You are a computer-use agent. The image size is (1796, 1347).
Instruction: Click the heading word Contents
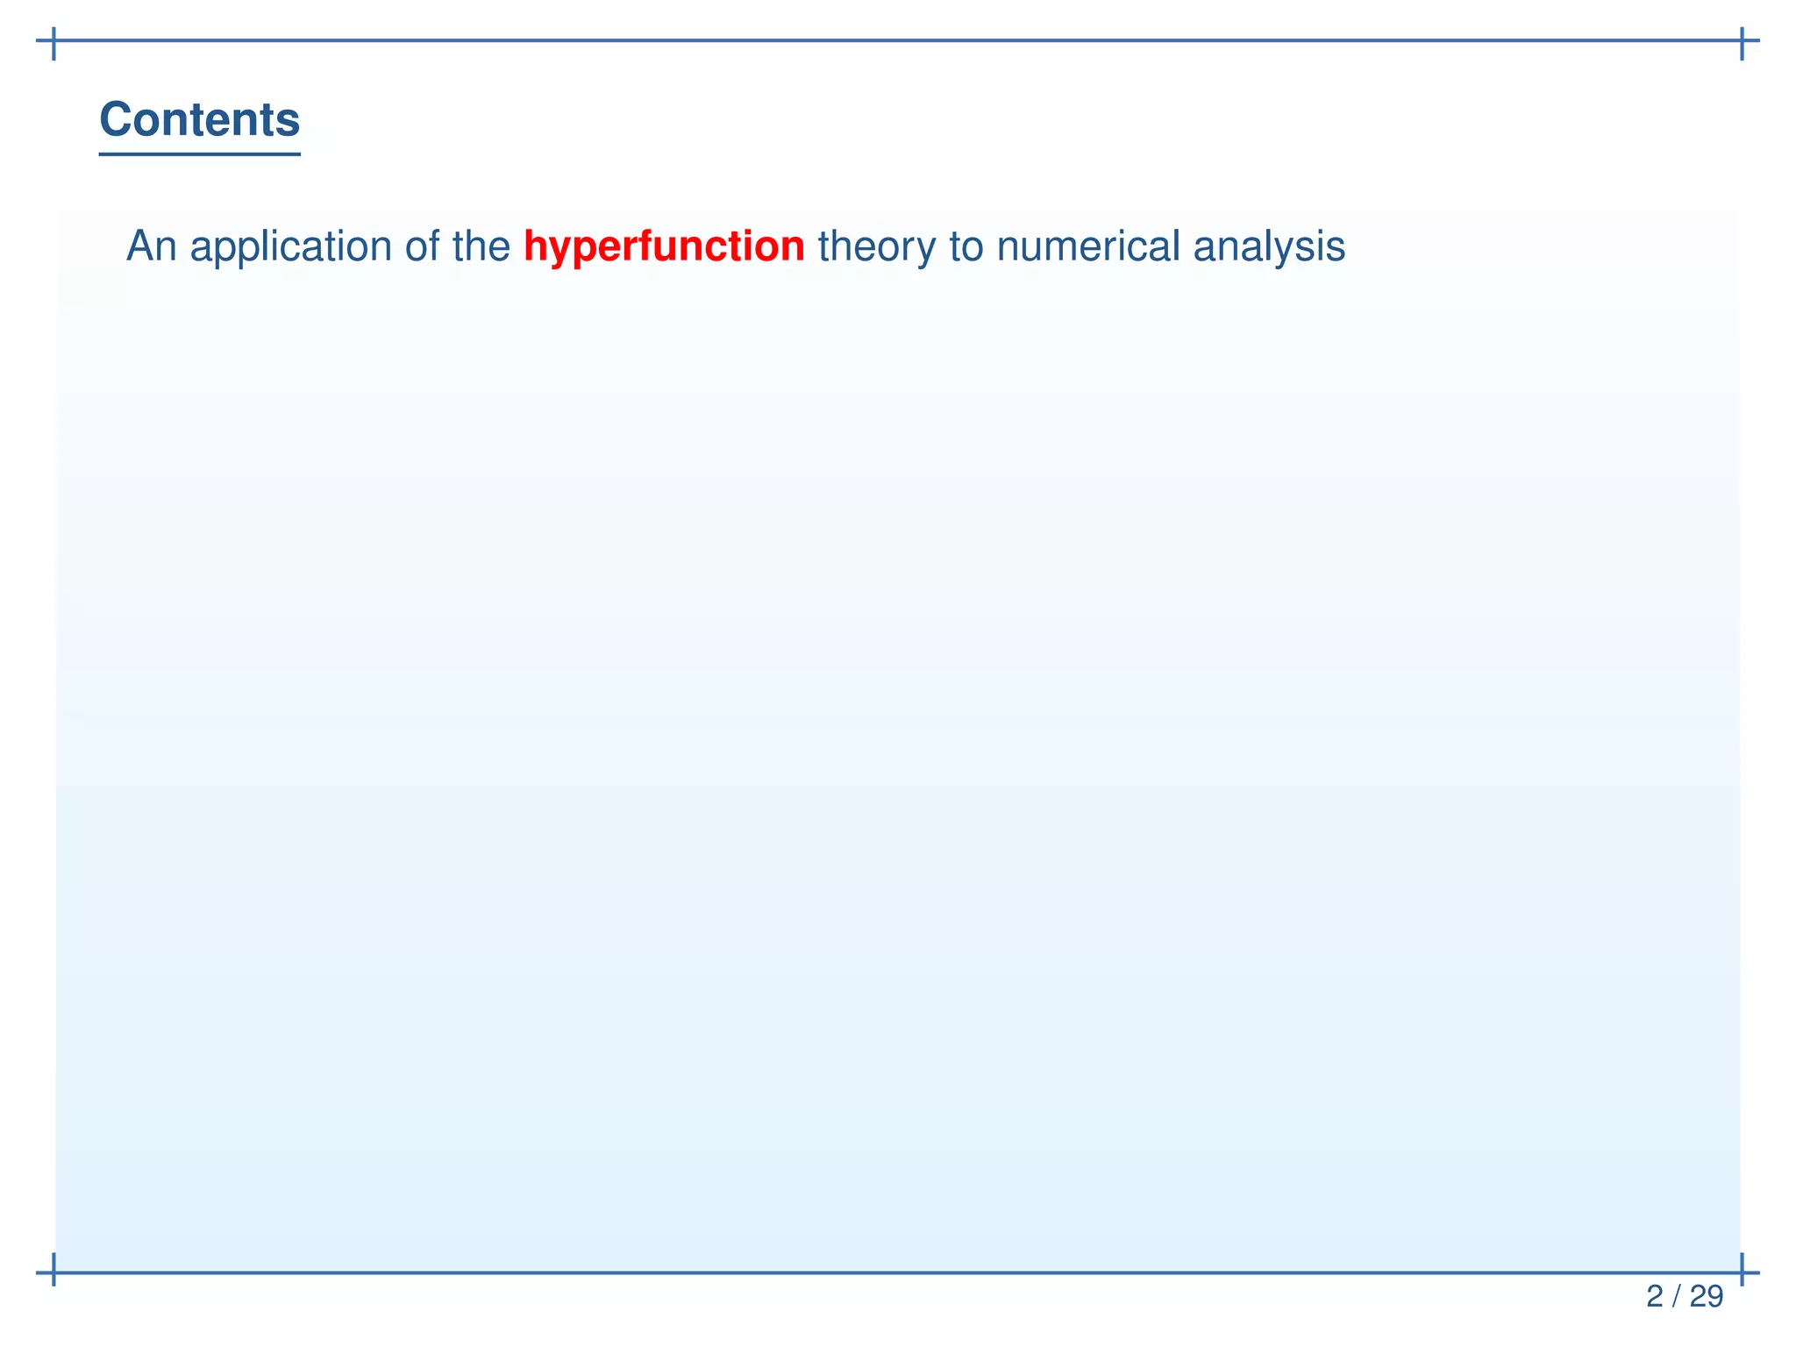[199, 119]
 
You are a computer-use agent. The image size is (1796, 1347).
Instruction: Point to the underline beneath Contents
[199, 154]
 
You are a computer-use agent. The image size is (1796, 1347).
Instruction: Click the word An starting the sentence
[151, 246]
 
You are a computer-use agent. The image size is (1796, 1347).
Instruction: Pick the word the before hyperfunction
[481, 246]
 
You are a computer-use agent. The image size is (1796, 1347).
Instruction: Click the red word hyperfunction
[664, 246]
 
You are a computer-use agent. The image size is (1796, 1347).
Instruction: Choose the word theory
[876, 246]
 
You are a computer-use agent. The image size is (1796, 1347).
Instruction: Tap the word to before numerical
[966, 246]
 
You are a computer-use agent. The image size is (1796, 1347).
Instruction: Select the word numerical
[1087, 246]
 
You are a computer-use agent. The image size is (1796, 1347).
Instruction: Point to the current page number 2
[1654, 1296]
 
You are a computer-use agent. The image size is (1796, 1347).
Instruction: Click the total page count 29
[1706, 1296]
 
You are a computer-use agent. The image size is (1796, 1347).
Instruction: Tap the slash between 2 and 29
[1676, 1296]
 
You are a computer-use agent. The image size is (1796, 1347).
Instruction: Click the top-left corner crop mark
[54, 41]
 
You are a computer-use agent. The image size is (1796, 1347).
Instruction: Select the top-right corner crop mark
[1742, 41]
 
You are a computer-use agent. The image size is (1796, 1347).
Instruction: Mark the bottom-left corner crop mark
[54, 1272]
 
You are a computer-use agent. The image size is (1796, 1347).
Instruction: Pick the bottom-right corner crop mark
[1742, 1272]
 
